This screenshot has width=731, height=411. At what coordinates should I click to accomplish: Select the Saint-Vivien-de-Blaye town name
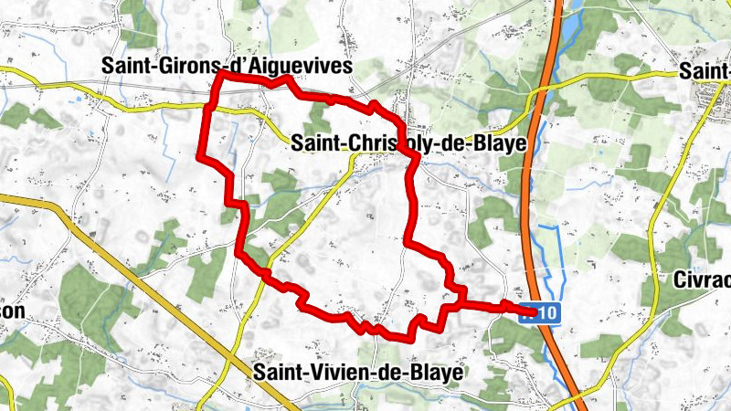[x=357, y=372]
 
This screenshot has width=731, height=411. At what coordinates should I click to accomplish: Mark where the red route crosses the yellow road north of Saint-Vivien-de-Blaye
[x=266, y=274]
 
